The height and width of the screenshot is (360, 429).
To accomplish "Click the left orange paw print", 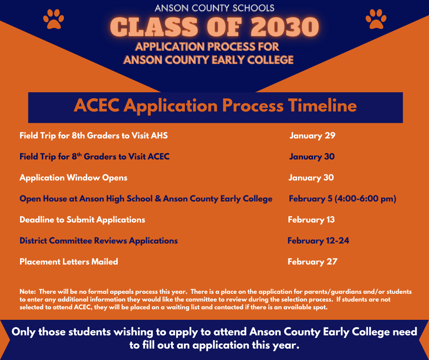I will [53, 19].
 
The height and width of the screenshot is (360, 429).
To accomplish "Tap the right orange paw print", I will [376, 19].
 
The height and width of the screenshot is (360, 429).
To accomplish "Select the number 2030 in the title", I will [283, 27].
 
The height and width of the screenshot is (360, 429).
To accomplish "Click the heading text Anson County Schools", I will [214, 8].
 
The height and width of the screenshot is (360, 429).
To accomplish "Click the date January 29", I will [312, 136].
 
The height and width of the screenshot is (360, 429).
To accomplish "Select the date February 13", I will [311, 220].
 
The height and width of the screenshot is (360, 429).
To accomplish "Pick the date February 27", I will [312, 262].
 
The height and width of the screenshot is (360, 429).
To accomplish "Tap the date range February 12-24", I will [318, 241].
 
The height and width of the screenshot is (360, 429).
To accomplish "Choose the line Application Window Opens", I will [73, 178].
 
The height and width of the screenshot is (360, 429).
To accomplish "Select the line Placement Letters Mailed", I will [69, 262].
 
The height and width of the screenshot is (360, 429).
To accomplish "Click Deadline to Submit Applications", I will [82, 220].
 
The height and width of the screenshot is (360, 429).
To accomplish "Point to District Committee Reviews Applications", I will [99, 241].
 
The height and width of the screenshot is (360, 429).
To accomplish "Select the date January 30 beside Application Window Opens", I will [311, 178].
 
